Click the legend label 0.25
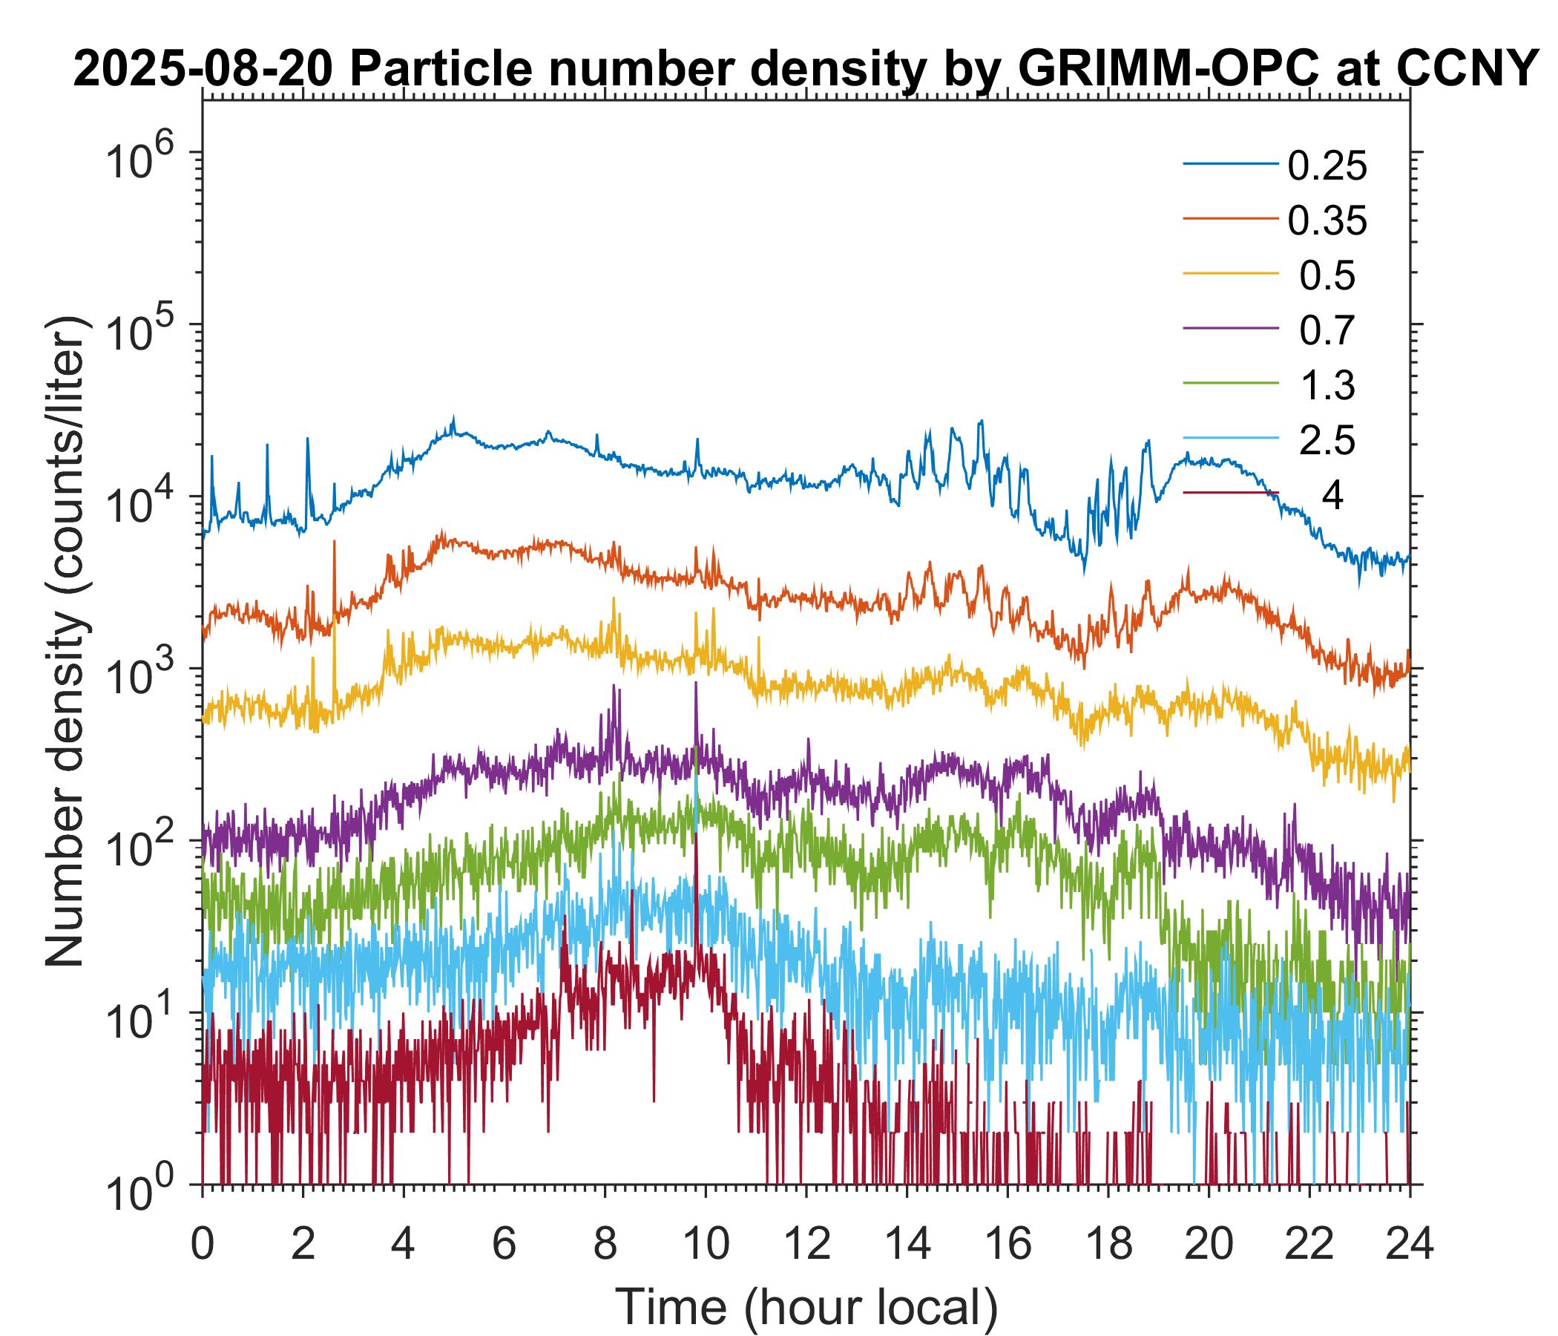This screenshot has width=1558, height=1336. [1327, 166]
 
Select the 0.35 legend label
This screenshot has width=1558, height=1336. [1327, 221]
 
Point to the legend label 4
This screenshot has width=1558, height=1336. [1332, 497]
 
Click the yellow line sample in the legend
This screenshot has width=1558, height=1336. [1230, 275]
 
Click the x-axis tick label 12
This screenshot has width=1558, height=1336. [806, 1245]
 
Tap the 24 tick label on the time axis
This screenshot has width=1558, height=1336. [1409, 1245]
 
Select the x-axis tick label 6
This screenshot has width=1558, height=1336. [504, 1245]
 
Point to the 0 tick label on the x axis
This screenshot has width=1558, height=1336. [202, 1245]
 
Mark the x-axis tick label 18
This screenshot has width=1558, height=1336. [1108, 1245]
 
